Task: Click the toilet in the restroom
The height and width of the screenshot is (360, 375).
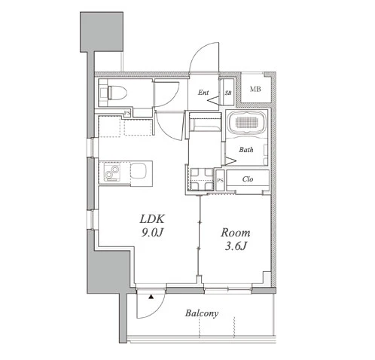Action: pos(114,93)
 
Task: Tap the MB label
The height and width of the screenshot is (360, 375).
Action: pos(255,89)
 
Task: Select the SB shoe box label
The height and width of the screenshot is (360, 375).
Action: pos(228,93)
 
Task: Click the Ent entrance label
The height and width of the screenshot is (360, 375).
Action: pos(203,93)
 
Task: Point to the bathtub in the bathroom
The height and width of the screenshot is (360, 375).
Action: pos(247,123)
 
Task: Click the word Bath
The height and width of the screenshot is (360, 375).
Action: pos(246,150)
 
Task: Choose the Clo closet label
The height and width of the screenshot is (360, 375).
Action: pos(248,179)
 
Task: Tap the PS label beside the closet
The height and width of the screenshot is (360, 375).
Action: pos(220,180)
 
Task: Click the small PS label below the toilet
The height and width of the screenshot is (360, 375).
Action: pos(127,114)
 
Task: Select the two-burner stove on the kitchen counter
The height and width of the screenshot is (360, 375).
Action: pos(112,172)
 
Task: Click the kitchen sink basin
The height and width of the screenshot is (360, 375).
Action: pos(139,171)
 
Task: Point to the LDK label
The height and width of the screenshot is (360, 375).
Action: pos(152,219)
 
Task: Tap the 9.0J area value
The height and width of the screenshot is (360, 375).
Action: pos(152,233)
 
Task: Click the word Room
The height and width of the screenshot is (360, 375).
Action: pos(236,233)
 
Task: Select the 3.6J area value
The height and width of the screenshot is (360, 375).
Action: pos(236,246)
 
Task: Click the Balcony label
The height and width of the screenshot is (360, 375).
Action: pos(202,313)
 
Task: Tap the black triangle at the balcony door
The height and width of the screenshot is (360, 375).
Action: pos(151,297)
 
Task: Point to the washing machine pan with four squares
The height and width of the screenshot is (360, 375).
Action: pos(202,179)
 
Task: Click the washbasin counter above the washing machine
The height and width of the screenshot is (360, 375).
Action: pos(205,122)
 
